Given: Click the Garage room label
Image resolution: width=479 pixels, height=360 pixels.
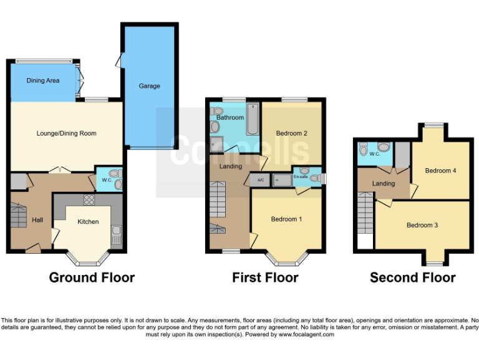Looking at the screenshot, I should tap(150, 86).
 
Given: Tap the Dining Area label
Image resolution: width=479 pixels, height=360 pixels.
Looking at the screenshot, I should tap(43, 81).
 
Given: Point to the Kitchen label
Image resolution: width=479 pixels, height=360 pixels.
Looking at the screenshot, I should tap(88, 221).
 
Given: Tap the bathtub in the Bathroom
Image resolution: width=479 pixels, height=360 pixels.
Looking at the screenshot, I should tap(252, 120).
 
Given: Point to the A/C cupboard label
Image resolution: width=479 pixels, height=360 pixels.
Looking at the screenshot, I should tap(260, 179).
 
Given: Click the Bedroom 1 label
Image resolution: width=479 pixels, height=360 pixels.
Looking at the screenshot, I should tap(287, 219).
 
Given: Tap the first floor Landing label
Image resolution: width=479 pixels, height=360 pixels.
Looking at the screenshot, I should tap(230, 166).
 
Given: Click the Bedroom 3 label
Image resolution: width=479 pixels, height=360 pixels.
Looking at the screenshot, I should tap(422, 225).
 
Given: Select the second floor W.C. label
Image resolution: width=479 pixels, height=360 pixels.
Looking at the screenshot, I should tap(375, 154).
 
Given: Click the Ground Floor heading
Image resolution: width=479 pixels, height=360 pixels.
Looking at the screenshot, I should tap(92, 277).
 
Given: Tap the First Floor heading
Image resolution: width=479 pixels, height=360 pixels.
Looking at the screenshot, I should tap(265, 277).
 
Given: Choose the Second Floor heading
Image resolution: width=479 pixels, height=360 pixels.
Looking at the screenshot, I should tap(412, 277).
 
